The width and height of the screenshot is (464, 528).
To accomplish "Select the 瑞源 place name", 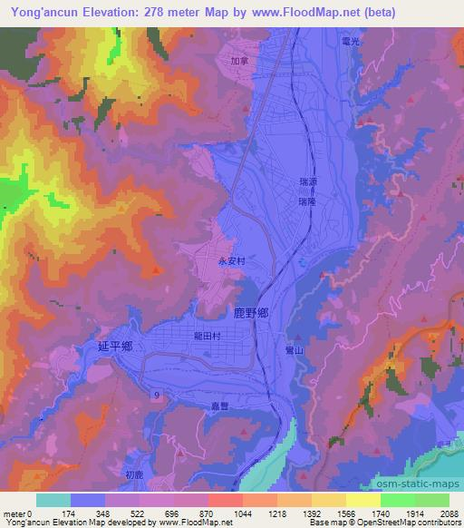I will (x=309, y=183).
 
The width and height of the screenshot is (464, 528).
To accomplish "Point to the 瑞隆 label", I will (x=309, y=203).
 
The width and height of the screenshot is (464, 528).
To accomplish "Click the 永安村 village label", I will (x=232, y=259).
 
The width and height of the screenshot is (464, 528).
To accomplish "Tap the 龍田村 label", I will (x=208, y=334).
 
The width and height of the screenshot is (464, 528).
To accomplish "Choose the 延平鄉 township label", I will (x=115, y=346).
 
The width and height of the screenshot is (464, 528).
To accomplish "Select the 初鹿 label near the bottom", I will (x=134, y=474).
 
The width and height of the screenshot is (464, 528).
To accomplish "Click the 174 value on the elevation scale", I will (x=70, y=513).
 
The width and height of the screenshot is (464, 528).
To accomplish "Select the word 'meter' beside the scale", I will (x=14, y=513).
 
